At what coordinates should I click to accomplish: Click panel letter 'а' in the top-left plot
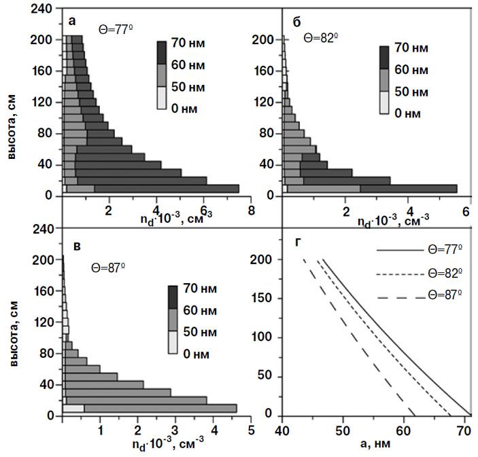coord(73,21)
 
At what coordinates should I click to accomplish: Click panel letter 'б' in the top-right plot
coord(297,21)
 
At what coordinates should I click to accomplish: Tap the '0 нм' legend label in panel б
coord(408,112)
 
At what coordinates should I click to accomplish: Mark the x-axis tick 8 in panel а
coord(251,211)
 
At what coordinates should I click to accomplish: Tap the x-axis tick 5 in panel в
coord(251,430)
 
